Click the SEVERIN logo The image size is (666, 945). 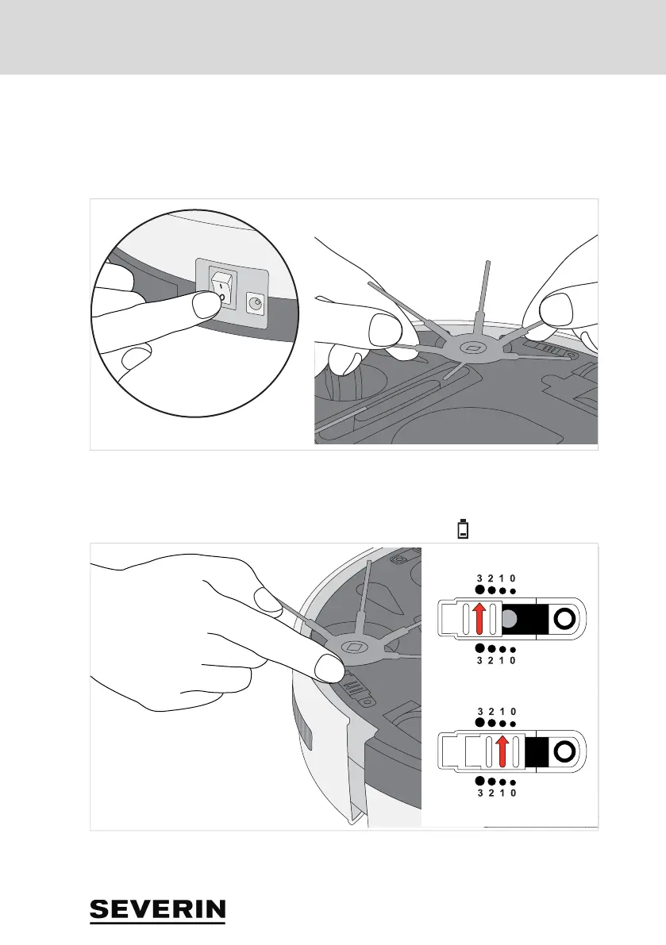(157, 911)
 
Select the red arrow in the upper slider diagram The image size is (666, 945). (479, 618)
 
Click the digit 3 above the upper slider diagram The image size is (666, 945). (479, 578)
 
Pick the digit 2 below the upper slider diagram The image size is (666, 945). (491, 660)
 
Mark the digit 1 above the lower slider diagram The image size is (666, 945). (502, 711)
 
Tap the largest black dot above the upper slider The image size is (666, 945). (479, 590)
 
